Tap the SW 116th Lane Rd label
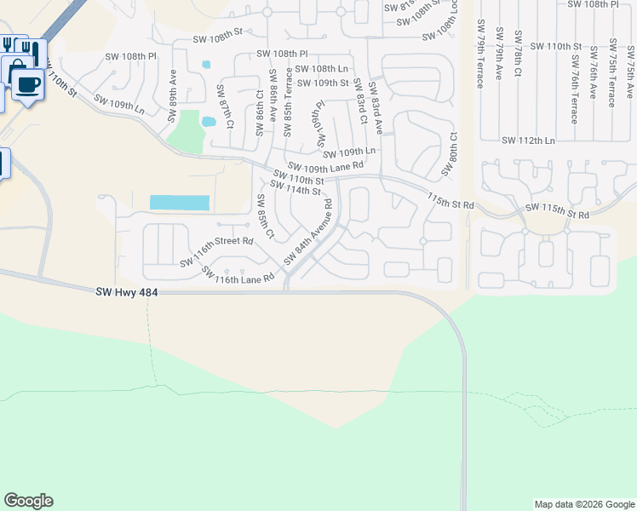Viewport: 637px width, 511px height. [238, 274]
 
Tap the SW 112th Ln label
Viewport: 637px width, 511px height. [528, 141]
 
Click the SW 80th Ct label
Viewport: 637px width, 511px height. [449, 154]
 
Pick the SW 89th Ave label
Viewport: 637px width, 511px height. [173, 86]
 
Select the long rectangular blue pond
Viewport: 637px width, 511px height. [179, 203]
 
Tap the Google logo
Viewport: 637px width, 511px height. [28, 501]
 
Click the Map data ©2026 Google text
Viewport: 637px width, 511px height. [583, 504]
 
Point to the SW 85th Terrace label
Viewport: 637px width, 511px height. [288, 101]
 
